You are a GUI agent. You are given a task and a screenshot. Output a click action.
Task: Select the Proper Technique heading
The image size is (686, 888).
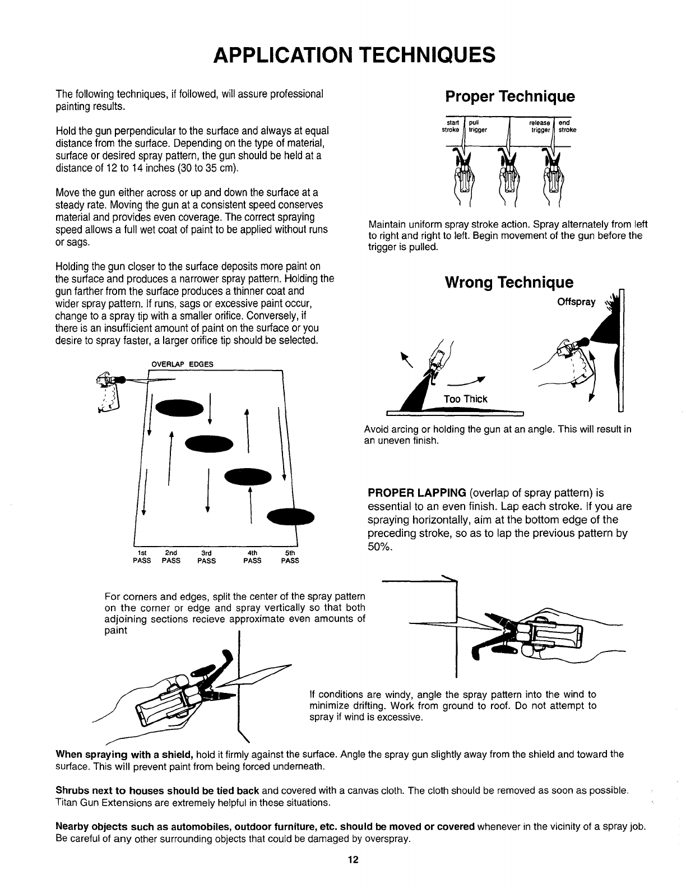click(x=509, y=96)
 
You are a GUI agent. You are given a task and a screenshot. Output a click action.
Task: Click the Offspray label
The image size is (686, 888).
click(x=576, y=302)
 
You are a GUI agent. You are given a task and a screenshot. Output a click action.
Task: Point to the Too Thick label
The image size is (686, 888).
click(x=465, y=399)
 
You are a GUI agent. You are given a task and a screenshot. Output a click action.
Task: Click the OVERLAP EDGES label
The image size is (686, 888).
click(x=183, y=364)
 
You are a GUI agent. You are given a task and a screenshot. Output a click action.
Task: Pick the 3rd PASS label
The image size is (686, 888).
click(x=206, y=556)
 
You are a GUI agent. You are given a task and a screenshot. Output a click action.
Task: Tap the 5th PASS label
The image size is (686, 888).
click(x=290, y=556)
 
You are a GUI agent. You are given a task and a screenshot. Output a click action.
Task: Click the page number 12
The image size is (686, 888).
click(x=352, y=861)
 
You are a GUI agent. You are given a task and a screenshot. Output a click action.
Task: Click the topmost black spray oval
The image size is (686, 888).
click(x=179, y=408)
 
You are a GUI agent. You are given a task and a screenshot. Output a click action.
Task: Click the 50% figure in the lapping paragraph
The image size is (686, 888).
click(x=379, y=547)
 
